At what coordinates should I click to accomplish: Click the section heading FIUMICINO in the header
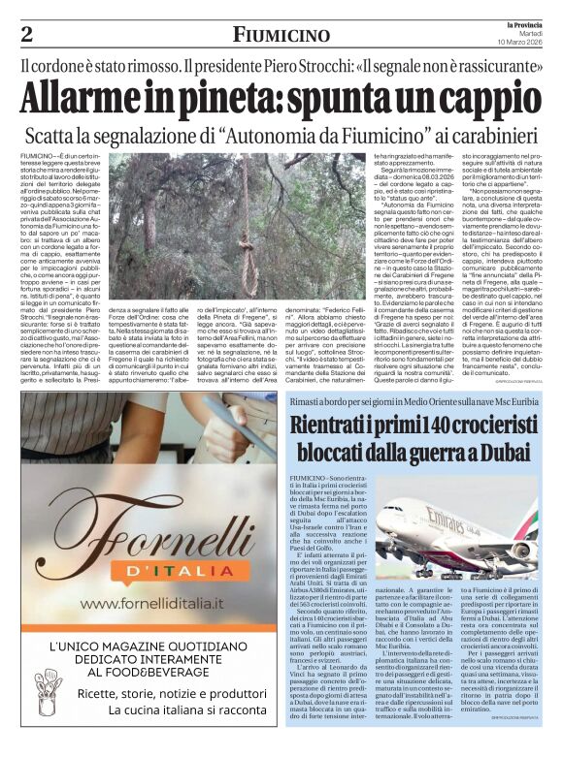[281, 35]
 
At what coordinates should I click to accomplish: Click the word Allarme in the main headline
[87, 99]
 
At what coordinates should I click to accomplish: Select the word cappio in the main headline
[481, 99]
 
